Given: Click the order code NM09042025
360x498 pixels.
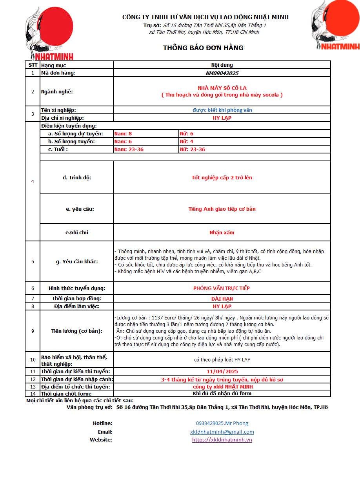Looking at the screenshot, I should coord(222,73).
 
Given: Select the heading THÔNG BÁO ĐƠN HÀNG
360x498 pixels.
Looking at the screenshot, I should coord(203,48).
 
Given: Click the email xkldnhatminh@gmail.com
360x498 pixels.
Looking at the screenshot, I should coord(222,432).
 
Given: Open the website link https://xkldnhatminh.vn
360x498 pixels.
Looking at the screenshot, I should coord(222,440).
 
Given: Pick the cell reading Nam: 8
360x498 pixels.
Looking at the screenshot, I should coord(123,134).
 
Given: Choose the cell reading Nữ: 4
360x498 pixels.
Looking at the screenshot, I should coord(186,142).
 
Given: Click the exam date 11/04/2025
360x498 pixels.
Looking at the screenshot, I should coord(222,371).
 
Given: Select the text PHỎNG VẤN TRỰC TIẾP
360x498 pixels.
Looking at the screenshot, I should coord(222,288).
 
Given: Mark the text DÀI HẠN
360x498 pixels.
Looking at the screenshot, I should coord(222,299).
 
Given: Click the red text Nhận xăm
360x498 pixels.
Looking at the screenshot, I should coord(222,232).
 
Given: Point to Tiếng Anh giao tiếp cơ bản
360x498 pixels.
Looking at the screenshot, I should coord(222,209).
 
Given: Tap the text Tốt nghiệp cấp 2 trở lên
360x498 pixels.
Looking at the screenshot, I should coord(222,177).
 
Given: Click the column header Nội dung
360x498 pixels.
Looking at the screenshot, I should coord(222,65).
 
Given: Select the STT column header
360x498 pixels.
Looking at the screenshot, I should coord(33,65).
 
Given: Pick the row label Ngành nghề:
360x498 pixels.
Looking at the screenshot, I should coord(57,92).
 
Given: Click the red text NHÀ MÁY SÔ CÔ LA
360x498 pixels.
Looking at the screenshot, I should coord(222,88).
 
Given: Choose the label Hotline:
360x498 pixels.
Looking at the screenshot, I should coord(103,423).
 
